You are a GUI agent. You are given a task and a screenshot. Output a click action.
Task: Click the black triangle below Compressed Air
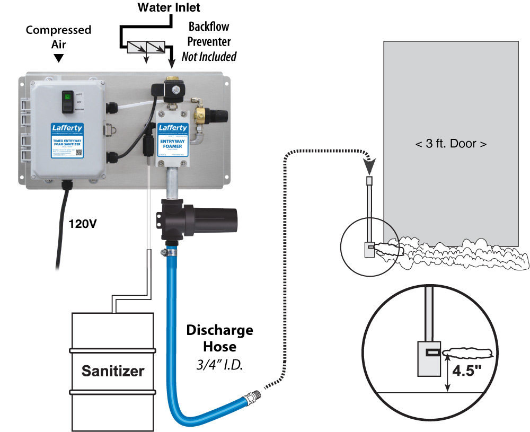pos(59,57)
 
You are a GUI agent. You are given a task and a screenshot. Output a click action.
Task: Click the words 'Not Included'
pos(209,57)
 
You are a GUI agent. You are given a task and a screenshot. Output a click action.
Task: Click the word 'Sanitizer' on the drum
pos(112,371)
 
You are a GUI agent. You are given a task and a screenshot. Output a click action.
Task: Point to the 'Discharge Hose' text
pos(219,339)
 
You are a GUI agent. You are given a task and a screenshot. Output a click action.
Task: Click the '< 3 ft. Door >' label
pos(450,143)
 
